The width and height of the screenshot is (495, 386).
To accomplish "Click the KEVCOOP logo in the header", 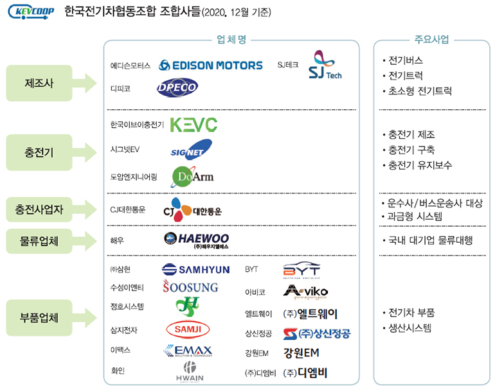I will [31, 12].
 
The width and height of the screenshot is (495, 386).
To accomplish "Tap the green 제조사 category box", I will [39, 83].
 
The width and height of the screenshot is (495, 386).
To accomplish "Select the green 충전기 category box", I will [39, 152].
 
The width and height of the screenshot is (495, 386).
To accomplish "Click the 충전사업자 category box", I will [39, 209].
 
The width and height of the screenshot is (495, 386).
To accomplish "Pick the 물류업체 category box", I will [39, 241].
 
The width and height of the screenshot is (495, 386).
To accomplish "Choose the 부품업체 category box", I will [39, 317].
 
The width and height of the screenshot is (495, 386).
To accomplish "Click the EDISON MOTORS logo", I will [210, 65].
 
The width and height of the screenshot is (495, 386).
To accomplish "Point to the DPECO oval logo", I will [177, 88].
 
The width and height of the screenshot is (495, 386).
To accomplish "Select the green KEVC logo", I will [194, 125].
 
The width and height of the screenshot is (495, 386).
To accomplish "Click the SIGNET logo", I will [190, 150].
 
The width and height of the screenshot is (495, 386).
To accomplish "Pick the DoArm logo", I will [192, 175].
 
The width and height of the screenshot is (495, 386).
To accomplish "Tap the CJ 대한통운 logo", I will [192, 209].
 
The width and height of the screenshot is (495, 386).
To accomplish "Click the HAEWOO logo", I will [196, 240].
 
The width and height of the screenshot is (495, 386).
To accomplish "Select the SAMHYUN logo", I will [195, 269].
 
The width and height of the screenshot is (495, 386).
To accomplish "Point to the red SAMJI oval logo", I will [188, 329].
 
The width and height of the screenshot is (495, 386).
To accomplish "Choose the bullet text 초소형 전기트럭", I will [420, 91].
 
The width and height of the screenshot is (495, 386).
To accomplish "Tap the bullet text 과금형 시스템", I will [415, 216].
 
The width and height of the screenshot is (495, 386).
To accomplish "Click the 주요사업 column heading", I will [431, 39].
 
